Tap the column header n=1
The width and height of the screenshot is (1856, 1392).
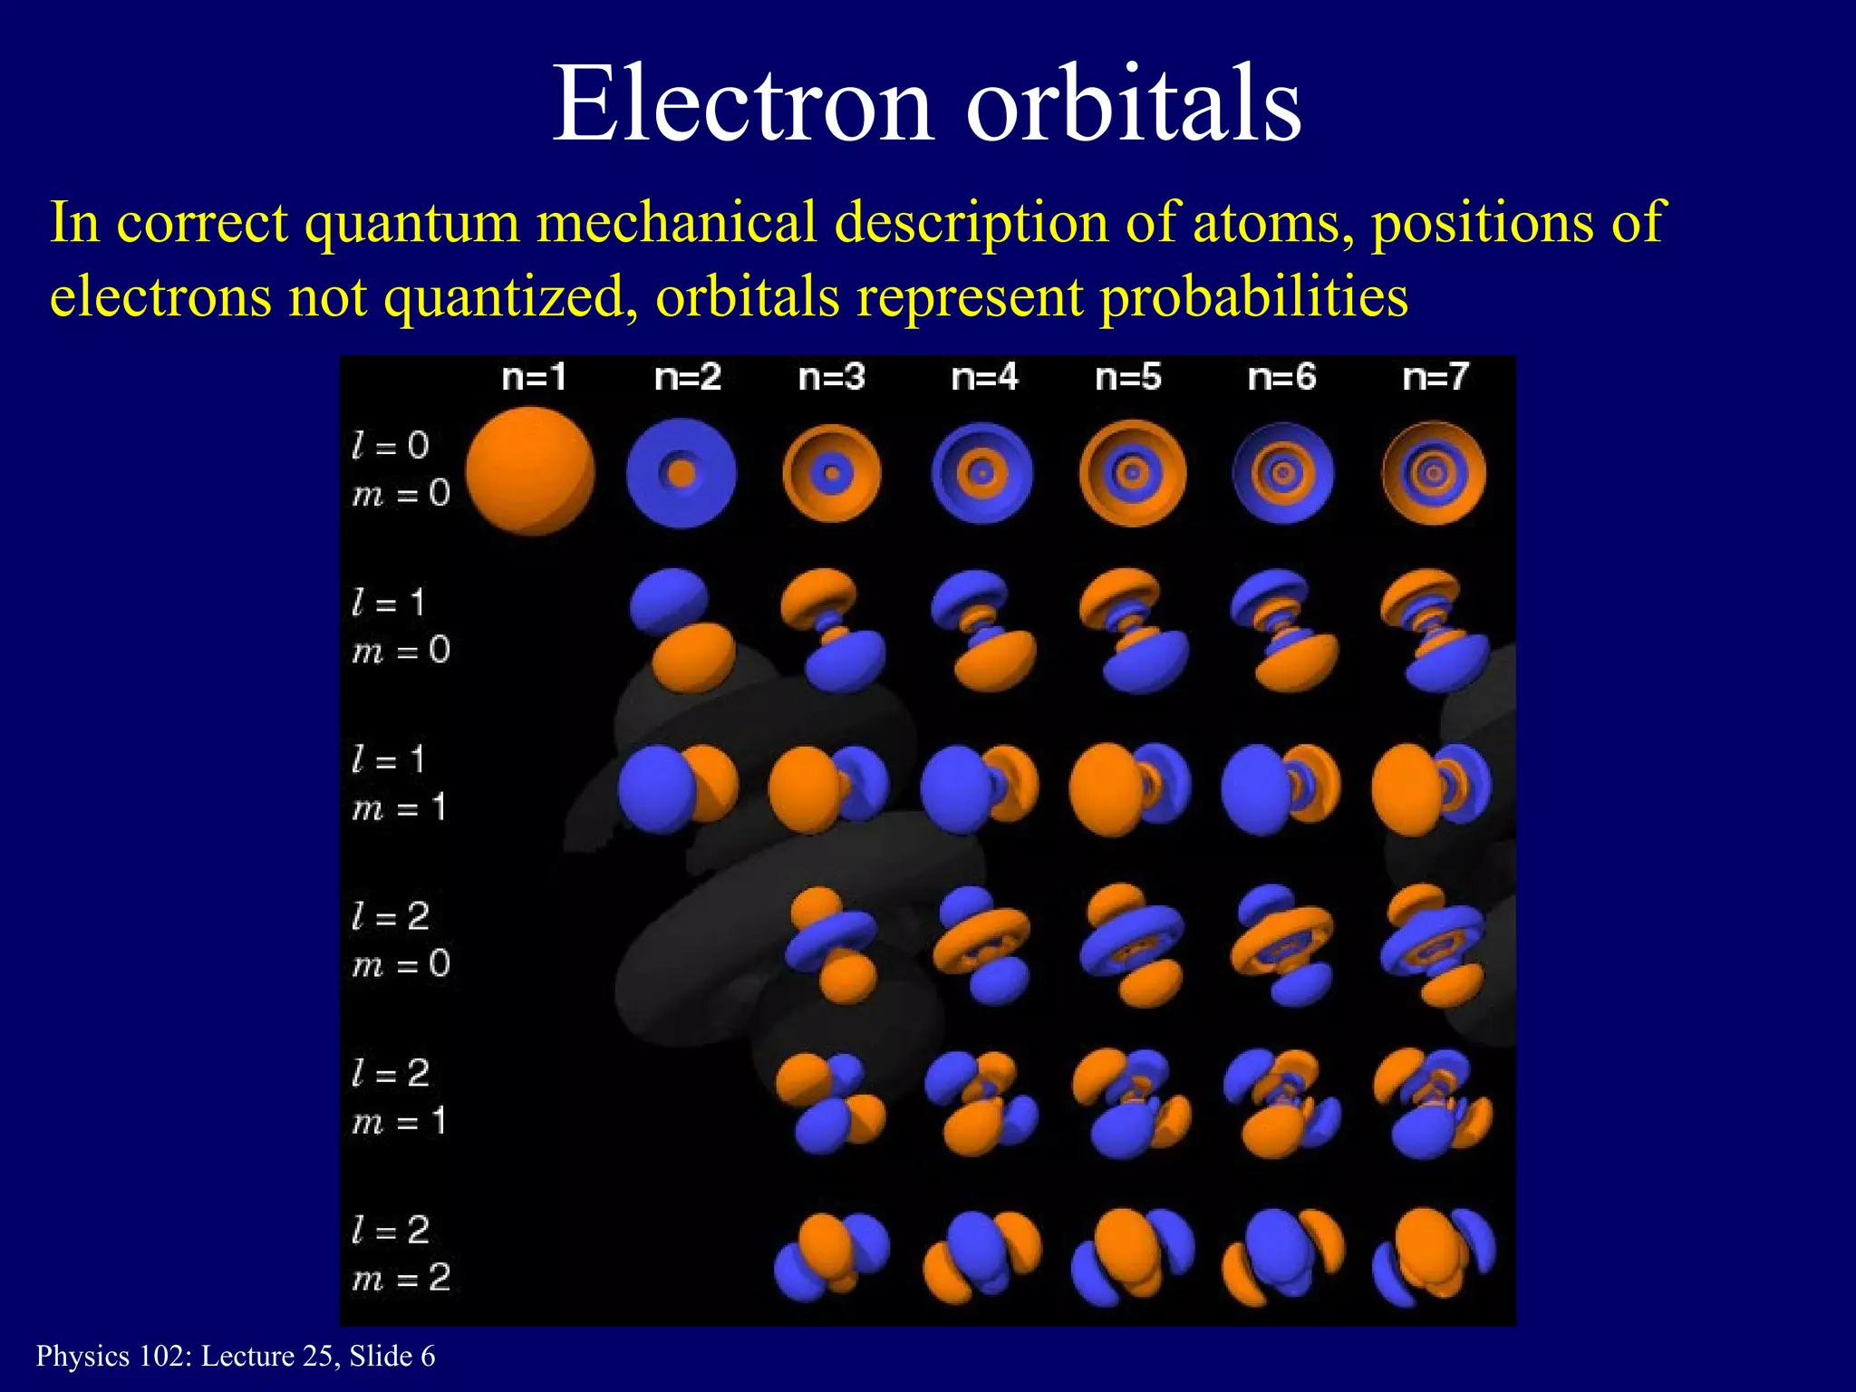point(535,377)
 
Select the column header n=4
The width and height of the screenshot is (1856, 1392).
point(985,377)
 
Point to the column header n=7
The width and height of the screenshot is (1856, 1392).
point(1435,377)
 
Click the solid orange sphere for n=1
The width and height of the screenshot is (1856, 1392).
point(530,471)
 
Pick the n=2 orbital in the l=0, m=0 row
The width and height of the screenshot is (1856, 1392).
point(681,473)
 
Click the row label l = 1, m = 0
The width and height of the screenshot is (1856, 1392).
point(401,626)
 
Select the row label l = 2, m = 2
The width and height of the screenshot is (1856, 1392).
point(401,1254)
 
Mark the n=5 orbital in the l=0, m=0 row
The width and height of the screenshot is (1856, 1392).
point(1133,473)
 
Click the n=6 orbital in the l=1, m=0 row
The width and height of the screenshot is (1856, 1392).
point(1283,630)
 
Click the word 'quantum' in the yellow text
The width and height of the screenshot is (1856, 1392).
point(412,223)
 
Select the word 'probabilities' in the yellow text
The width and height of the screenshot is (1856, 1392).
point(1253,297)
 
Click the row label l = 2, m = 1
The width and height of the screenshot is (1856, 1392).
point(401,1097)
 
